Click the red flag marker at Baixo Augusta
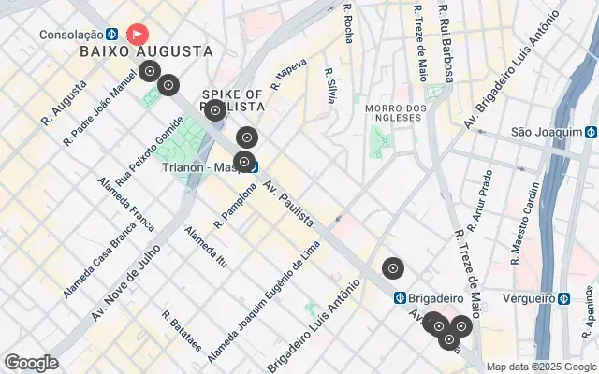tap(137, 35)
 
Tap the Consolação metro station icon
tap(111, 35)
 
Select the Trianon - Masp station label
tap(202, 168)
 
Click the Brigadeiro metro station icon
tap(399, 297)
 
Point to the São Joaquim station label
tap(547, 133)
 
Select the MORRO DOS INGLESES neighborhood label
tap(395, 115)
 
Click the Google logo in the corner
tap(31, 363)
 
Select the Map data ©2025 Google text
tap(541, 367)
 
